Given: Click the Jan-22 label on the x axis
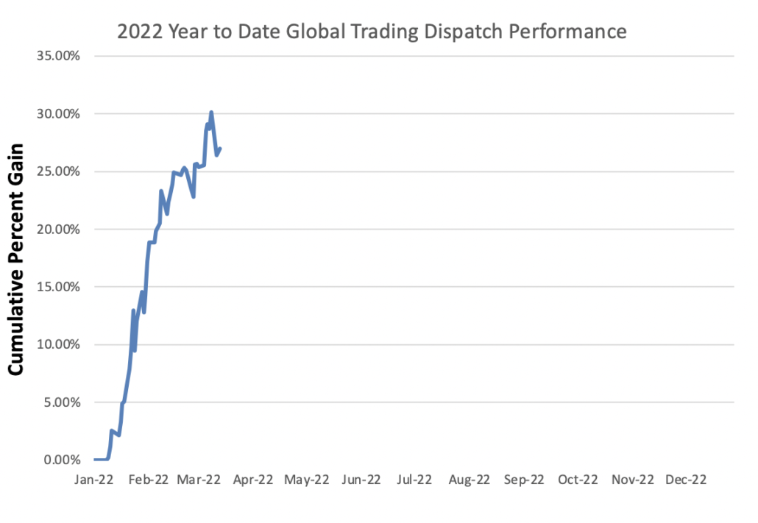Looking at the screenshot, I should (x=95, y=480).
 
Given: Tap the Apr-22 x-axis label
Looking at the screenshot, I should (x=253, y=480).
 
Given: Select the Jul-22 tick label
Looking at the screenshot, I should (x=414, y=480).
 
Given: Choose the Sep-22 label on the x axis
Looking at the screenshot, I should (x=523, y=480).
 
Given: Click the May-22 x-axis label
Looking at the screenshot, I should (x=306, y=480).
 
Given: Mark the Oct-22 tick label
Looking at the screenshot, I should (x=578, y=480).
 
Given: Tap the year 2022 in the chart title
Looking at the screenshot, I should (x=137, y=32).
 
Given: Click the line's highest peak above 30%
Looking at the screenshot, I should (x=211, y=113).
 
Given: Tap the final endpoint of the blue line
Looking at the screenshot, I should (x=221, y=149).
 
